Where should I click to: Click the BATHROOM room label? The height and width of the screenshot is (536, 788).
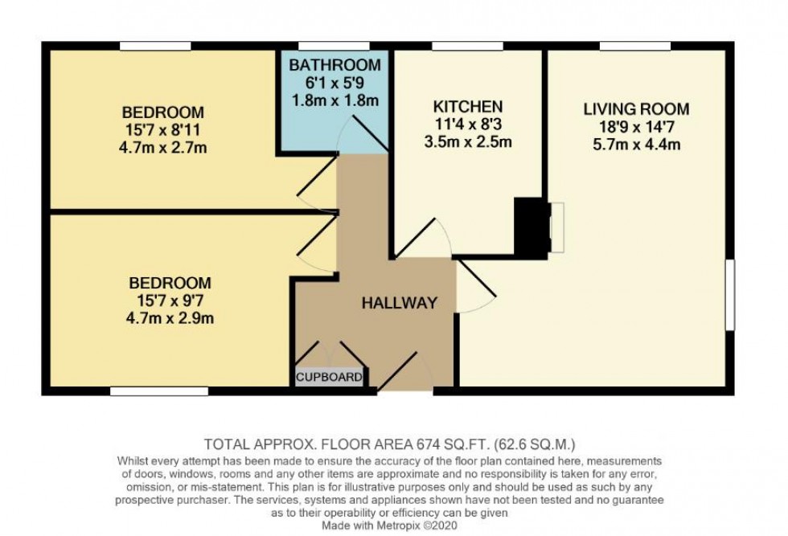pos(334,65)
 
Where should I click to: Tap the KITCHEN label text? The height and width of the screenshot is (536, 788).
pos(468,107)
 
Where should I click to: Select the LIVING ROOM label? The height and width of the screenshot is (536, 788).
pos(636,109)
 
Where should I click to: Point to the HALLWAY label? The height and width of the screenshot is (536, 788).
pos(399,303)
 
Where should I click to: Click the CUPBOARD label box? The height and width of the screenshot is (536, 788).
pos(330,377)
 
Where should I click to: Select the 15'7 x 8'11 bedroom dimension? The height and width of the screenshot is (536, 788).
pos(162,130)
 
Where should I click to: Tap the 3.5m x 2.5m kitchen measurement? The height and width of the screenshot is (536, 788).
pos(468,142)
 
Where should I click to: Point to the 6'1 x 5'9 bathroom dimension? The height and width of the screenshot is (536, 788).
pos(334,83)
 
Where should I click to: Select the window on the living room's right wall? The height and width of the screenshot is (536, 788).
pos(730,294)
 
